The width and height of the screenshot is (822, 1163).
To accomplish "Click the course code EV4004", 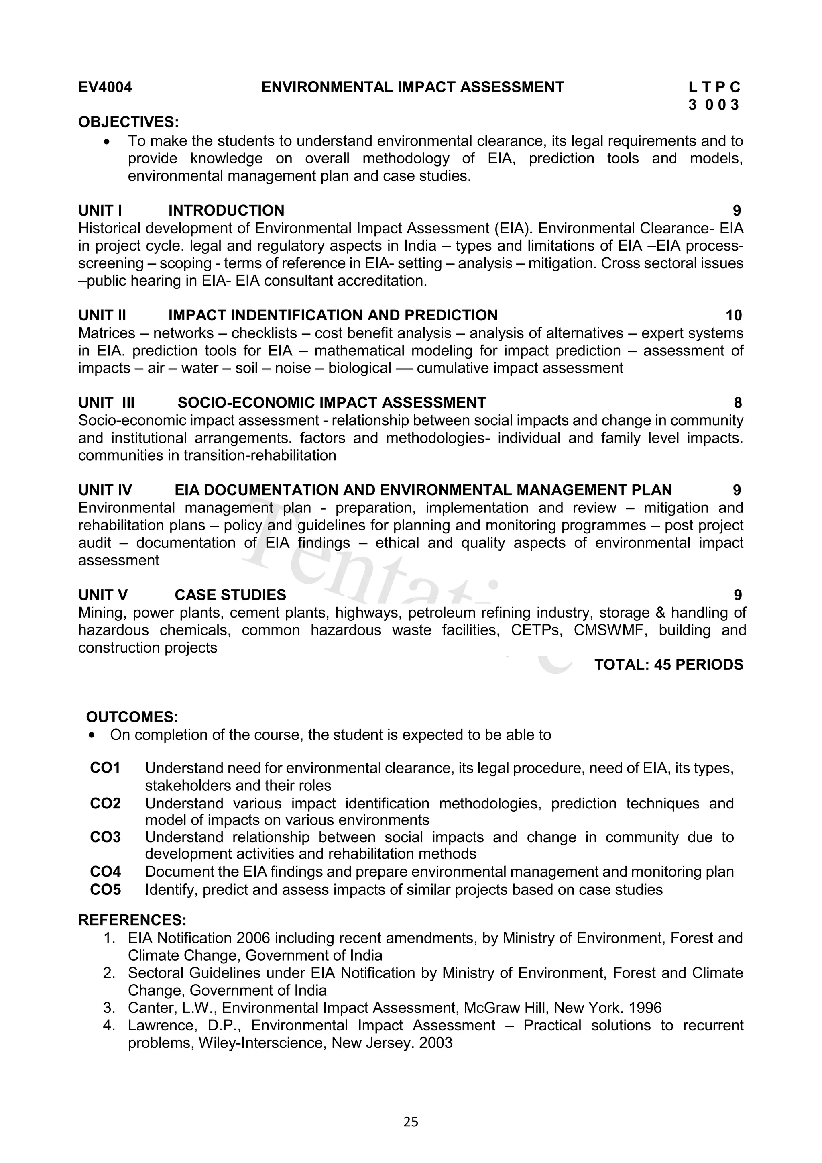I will pyautogui.click(x=105, y=88).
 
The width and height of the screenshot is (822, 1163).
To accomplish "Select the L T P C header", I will pyautogui.click(x=714, y=88).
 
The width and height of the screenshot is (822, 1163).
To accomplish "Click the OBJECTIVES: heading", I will pyautogui.click(x=128, y=122).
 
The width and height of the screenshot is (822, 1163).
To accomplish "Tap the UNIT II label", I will pyautogui.click(x=102, y=316).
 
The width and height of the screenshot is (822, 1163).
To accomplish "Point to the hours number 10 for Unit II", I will pyautogui.click(x=733, y=316).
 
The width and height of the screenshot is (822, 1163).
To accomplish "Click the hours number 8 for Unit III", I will pyautogui.click(x=737, y=403).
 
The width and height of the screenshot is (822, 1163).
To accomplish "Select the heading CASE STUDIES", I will pyautogui.click(x=230, y=595).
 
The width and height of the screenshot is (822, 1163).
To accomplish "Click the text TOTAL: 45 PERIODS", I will pyautogui.click(x=668, y=665).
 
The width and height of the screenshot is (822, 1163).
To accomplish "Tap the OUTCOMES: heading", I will pyautogui.click(x=132, y=717).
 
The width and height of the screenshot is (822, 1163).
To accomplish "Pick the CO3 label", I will pyautogui.click(x=105, y=837).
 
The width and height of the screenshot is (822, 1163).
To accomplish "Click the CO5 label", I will pyautogui.click(x=105, y=890).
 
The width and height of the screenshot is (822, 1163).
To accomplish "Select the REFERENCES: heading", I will pyautogui.click(x=132, y=920).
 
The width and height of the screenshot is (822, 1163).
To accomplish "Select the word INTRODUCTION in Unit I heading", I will pyautogui.click(x=226, y=211).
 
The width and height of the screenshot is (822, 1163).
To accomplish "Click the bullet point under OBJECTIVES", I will pyautogui.click(x=106, y=141).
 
